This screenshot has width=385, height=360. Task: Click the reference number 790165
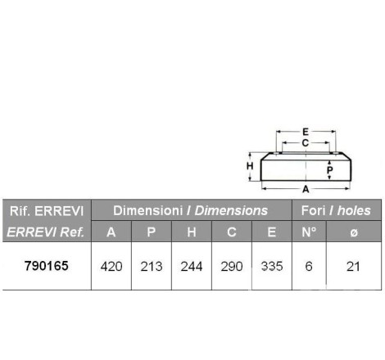point(47,266)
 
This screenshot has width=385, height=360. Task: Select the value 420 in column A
point(111,267)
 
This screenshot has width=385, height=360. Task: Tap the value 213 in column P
point(152,267)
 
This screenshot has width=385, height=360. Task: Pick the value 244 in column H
point(192,267)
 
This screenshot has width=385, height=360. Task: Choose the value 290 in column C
point(232,267)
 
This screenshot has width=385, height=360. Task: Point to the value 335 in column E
point(272,267)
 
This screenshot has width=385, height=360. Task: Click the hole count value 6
point(309,267)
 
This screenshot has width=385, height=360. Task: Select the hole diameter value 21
point(353,267)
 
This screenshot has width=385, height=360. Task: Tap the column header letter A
point(111,232)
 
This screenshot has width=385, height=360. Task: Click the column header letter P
point(152,232)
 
